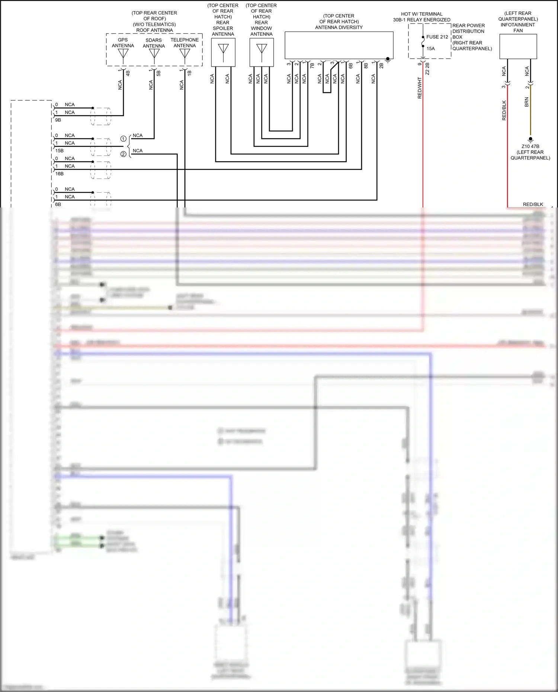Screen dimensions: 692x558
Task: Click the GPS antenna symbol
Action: pyautogui.click(x=123, y=54)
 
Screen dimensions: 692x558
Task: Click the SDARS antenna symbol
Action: pyautogui.click(x=154, y=54)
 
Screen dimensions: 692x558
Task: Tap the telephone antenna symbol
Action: pyautogui.click(x=185, y=54)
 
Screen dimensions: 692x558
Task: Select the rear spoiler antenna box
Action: pyautogui.click(x=223, y=52)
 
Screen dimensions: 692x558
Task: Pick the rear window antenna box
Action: pyautogui.click(x=262, y=52)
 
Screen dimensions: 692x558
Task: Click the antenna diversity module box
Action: pyautogui.click(x=339, y=45)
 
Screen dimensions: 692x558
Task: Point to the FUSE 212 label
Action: pyautogui.click(x=437, y=37)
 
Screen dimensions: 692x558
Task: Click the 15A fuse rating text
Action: pyautogui.click(x=430, y=49)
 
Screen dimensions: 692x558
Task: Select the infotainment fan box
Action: pyautogui.click(x=518, y=46)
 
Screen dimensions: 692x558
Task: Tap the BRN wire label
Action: pyautogui.click(x=526, y=102)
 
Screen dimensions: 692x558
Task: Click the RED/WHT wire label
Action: pyautogui.click(x=420, y=88)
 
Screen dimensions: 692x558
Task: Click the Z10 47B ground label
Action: pyautogui.click(x=530, y=147)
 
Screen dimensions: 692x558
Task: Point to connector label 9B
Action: pyautogui.click(x=58, y=120)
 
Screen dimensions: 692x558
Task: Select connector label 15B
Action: pyautogui.click(x=59, y=151)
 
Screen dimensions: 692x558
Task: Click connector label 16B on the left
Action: pyautogui.click(x=59, y=174)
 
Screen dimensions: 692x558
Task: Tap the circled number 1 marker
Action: pyautogui.click(x=123, y=139)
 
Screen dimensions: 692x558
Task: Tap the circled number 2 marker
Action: pyautogui.click(x=123, y=154)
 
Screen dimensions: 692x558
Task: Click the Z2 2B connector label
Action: pyautogui.click(x=427, y=69)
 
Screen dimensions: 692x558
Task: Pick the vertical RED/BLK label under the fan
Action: pyautogui.click(x=504, y=110)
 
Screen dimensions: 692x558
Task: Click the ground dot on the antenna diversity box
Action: pyautogui.click(x=388, y=59)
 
